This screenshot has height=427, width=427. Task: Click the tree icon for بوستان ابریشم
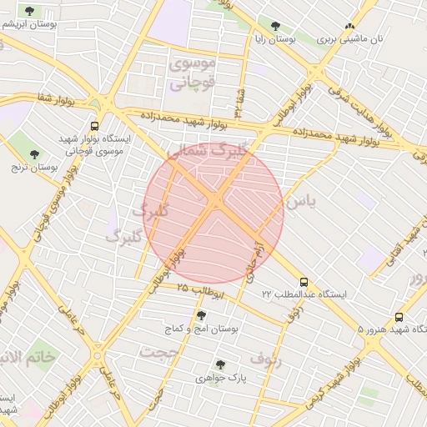tap(30, 11)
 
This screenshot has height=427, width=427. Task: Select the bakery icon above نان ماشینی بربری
tap(349, 26)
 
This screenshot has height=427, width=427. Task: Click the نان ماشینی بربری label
tap(353, 39)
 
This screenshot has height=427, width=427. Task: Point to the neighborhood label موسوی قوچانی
tap(193, 73)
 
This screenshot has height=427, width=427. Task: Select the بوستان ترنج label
tap(34, 167)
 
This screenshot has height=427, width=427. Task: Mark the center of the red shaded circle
tap(213, 213)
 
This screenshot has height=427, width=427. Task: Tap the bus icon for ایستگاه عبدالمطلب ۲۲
tap(302, 282)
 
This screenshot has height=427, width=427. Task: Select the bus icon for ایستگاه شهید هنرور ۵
tap(399, 317)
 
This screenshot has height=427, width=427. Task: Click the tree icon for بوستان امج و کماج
tap(200, 315)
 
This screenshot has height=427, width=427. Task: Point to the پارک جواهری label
tap(220, 378)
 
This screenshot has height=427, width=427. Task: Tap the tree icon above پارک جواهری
tap(220, 364)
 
